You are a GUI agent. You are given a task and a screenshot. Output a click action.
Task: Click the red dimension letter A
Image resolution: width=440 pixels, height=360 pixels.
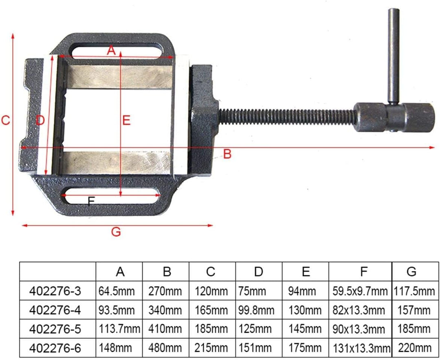112,51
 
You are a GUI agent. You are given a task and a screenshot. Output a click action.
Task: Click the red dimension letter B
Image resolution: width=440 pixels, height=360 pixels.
227,154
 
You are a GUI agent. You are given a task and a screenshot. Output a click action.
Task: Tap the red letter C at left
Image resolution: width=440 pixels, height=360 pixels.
5,121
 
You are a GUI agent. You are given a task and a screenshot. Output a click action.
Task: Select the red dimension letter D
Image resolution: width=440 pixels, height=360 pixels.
40,120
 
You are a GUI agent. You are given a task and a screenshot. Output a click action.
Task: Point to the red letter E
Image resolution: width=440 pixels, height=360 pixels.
126,120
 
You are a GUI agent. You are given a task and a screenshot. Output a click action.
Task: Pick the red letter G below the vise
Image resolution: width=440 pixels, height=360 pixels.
116,232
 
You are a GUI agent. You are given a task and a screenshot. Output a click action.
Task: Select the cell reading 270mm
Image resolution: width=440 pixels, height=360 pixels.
166,292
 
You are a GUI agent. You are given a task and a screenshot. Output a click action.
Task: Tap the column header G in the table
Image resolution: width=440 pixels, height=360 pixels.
411,272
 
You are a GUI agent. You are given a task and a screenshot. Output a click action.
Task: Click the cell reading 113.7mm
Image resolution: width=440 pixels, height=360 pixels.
119,329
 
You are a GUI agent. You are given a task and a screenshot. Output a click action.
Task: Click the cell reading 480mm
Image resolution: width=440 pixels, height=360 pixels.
166,348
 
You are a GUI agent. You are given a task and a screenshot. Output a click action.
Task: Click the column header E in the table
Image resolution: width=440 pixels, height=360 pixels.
306,272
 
